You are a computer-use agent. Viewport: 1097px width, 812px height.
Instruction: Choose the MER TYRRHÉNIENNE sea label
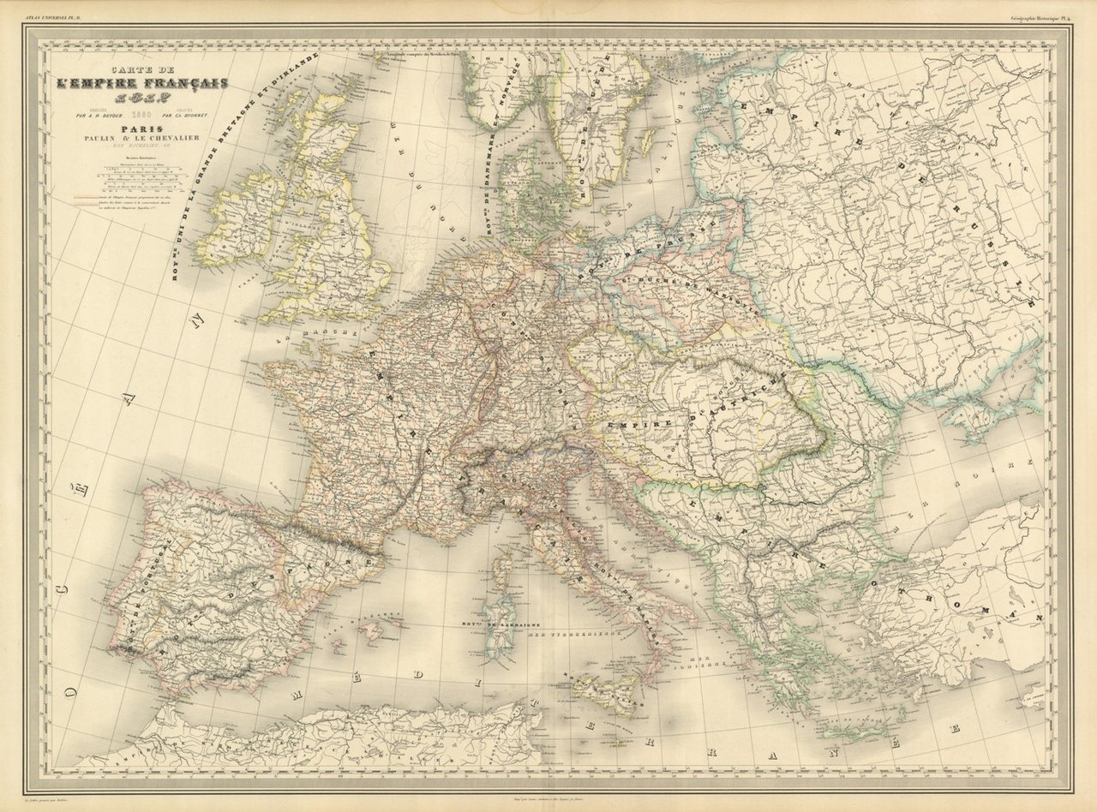[572, 634]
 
